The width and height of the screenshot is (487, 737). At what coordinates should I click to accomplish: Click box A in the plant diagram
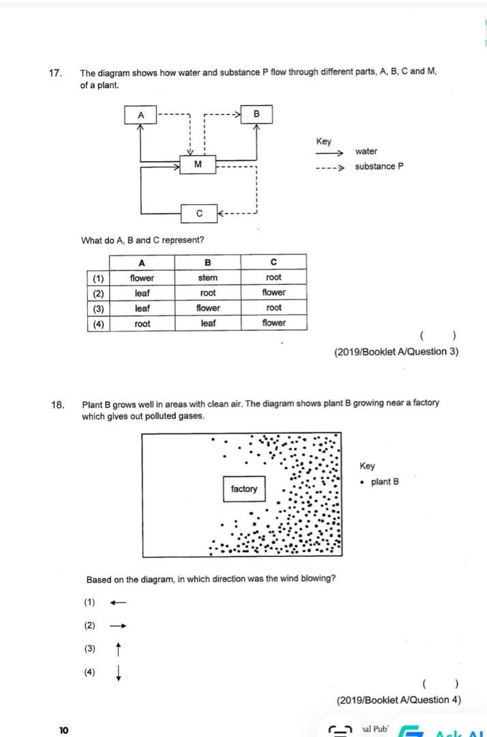141,115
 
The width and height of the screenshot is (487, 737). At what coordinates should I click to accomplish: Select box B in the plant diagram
256,114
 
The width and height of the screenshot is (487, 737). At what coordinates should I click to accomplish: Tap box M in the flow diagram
198,164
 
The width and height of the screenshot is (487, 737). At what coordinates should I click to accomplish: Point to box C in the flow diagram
199,214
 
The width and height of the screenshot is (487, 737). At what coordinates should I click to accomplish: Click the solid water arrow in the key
329,153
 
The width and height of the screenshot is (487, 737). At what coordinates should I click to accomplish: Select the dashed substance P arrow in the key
329,167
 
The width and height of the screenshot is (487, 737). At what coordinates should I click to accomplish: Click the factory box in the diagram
244,489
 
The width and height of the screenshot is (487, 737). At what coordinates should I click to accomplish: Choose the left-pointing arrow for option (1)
118,603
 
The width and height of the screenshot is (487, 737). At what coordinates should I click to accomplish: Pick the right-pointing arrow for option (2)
118,626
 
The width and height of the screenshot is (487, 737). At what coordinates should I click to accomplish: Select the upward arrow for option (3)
119,648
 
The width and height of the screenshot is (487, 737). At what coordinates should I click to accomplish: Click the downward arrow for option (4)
119,673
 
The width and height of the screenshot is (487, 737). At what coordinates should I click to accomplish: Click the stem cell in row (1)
208,278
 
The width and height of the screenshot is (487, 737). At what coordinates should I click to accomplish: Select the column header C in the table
274,263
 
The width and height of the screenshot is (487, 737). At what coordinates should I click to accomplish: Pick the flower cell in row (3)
208,308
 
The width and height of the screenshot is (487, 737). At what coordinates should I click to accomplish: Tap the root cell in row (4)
142,323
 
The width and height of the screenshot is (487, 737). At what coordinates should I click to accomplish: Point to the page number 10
63,730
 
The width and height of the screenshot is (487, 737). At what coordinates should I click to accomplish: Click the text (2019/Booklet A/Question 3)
396,351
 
